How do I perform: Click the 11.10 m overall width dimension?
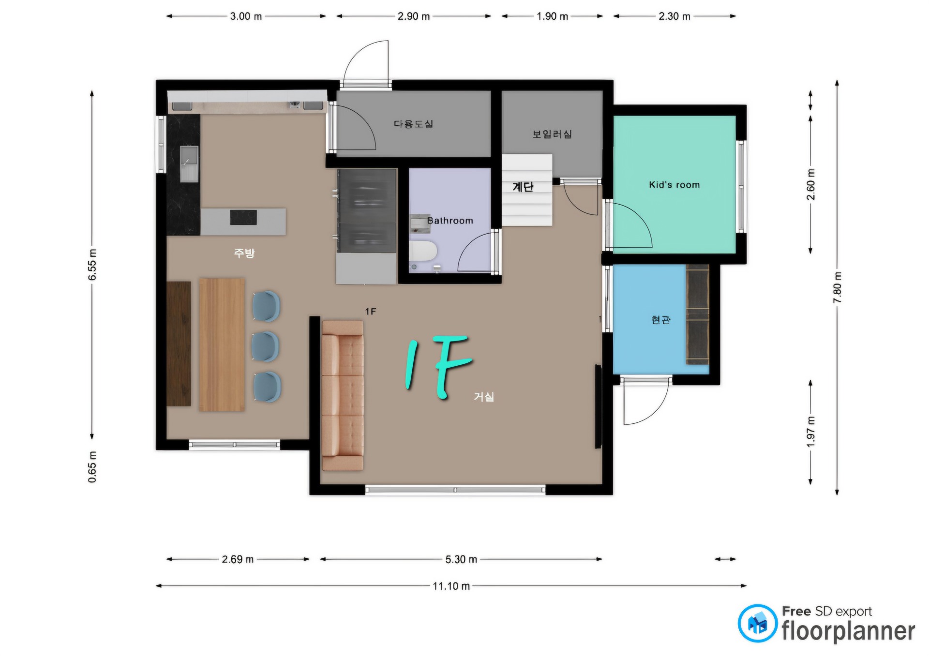coord(451,586)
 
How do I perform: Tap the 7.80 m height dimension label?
coord(837,287)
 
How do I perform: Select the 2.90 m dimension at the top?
coord(414,16)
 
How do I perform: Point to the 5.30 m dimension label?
coord(461,559)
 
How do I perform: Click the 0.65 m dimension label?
coord(92,467)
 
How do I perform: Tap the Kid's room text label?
coord(674,184)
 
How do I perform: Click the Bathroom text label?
coord(450,221)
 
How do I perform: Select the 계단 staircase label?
coord(523,187)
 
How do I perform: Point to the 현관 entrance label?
coord(661,320)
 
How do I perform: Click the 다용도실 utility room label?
coord(413,124)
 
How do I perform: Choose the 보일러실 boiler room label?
coord(552,134)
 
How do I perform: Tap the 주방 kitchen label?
coord(244,253)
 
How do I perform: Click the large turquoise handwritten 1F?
coord(438,366)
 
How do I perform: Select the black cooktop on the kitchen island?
coord(243,217)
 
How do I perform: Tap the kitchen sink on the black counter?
coord(189,164)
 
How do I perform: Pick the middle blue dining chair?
coord(265,346)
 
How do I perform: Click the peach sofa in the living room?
coord(343,395)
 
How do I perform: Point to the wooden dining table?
coord(222,344)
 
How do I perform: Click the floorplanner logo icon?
coord(757,623)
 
